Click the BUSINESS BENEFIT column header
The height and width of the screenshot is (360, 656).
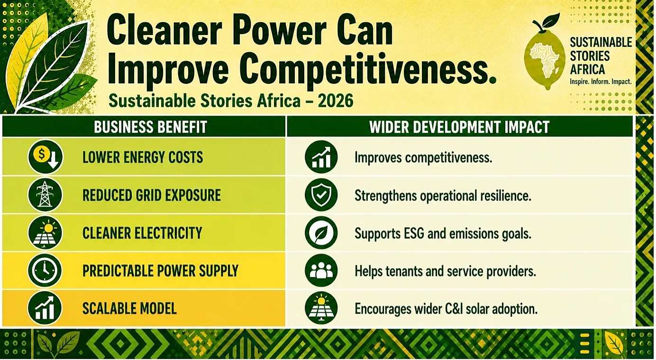(151, 127)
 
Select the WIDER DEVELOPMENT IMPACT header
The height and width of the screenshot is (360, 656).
(459, 127)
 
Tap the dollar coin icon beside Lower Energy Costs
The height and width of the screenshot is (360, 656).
(45, 157)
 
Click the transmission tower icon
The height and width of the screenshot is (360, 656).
(45, 195)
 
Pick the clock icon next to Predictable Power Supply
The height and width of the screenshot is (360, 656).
(45, 270)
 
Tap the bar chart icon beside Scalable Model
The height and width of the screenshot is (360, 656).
(45, 308)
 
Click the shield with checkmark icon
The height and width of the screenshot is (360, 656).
(321, 195)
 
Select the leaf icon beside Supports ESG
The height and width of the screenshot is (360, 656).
(321, 233)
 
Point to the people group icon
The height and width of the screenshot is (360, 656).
(321, 270)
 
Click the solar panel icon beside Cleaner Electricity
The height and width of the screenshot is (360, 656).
(45, 233)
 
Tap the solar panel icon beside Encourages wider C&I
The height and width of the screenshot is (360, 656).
(321, 308)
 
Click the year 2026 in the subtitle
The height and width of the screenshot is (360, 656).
(335, 101)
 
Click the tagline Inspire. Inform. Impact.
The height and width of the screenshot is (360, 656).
(601, 82)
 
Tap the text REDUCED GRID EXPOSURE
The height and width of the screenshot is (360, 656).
(151, 195)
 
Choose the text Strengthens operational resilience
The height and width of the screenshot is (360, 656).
(443, 196)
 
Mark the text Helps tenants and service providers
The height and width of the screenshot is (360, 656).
(445, 271)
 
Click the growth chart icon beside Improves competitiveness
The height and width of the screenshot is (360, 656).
(321, 157)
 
